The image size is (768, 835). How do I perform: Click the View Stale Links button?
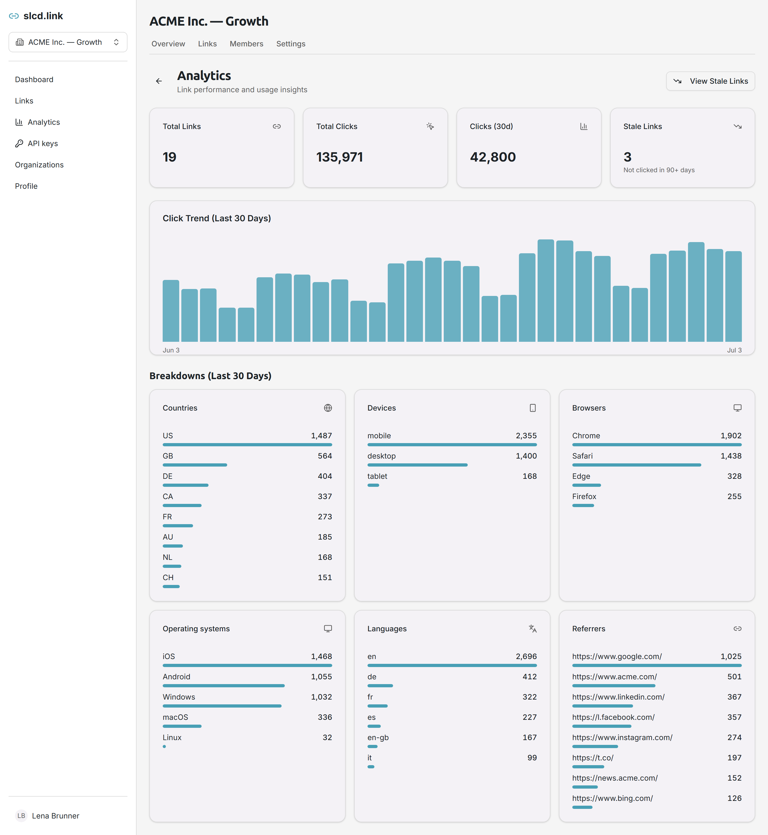click(710, 81)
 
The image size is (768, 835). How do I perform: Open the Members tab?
click(246, 44)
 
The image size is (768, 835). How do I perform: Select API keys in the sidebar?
click(43, 143)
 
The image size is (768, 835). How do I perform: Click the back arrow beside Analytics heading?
click(159, 81)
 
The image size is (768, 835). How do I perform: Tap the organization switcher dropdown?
click(68, 42)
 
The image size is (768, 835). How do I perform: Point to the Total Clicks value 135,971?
click(339, 157)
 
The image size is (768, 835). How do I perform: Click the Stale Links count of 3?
click(627, 157)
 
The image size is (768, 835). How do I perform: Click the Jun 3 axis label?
click(171, 350)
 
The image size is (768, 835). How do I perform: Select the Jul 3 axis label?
click(734, 350)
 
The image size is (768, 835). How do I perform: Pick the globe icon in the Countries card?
click(328, 408)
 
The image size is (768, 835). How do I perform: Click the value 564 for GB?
click(325, 456)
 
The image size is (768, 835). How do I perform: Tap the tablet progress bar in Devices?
click(373, 485)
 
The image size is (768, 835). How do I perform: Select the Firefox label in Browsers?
click(584, 496)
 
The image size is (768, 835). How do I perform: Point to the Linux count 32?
click(327, 737)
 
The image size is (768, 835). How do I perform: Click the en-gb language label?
click(378, 737)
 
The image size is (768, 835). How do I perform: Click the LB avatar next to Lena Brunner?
click(21, 816)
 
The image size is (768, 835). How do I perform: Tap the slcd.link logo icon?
click(14, 16)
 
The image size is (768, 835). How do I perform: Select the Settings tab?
click(290, 44)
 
